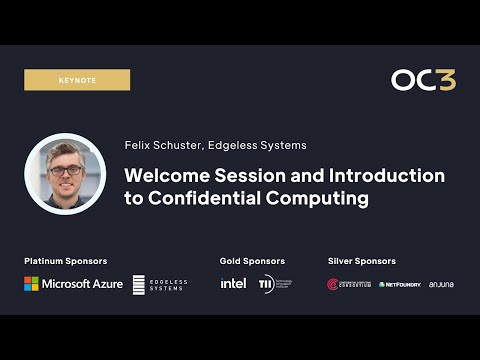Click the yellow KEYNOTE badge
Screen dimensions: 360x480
tap(77, 80)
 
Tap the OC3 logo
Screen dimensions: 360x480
tap(423, 80)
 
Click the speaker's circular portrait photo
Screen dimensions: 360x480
tap(65, 173)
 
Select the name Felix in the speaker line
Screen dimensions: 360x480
tap(138, 145)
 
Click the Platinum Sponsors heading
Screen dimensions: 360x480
tap(66, 261)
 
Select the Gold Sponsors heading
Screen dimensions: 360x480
tap(252, 261)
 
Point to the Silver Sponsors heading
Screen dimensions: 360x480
tap(362, 261)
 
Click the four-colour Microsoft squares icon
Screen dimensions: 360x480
tap(31, 284)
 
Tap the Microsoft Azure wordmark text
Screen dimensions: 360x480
tap(82, 284)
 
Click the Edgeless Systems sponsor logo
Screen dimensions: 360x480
tap(161, 284)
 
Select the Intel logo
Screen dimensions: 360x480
tap(233, 284)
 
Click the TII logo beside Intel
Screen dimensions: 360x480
tap(274, 284)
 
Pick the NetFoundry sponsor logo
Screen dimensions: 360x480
tap(400, 285)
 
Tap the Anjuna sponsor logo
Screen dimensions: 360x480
tap(441, 285)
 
